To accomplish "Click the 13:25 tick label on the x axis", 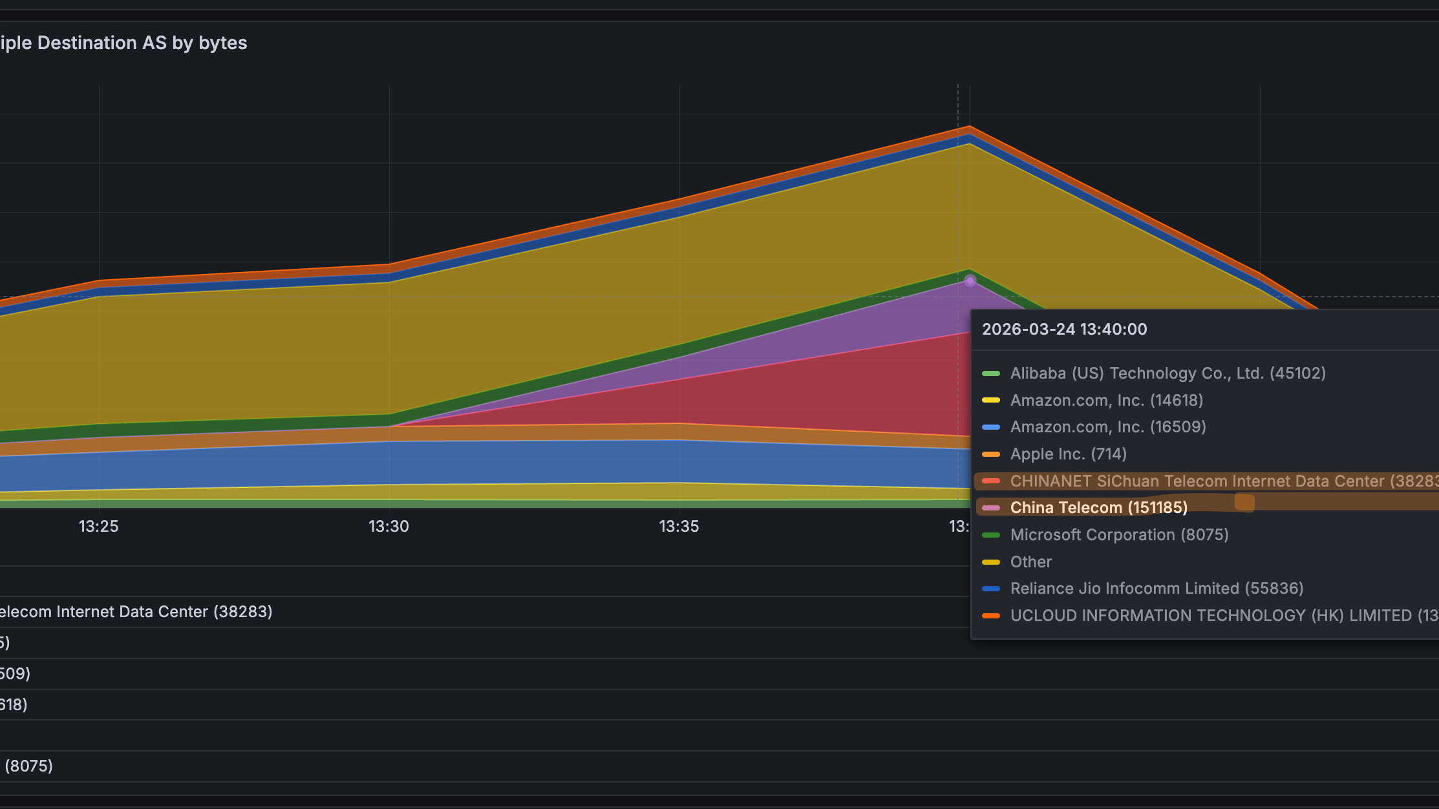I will click(98, 527).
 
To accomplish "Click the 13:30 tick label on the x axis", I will click(389, 527).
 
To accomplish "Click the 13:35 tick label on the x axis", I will click(679, 527).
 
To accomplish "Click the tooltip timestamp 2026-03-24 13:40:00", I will click(1064, 330).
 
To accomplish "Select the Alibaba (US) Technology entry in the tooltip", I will click(1167, 373).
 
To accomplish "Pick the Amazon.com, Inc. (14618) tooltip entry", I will click(1106, 401).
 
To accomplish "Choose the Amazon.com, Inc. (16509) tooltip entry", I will click(1107, 427).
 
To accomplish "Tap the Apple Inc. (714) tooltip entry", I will click(1068, 454).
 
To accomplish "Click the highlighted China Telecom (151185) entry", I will click(1098, 508).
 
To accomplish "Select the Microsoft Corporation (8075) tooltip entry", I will click(1119, 535).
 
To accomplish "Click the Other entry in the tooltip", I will click(1030, 562).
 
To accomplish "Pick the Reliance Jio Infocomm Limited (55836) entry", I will click(1157, 589).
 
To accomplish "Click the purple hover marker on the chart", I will click(970, 280).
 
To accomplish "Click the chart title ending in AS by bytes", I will click(123, 43).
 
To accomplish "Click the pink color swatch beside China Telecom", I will click(990, 508).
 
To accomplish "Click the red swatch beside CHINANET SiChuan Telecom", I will click(990, 481).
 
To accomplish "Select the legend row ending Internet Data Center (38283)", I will click(136, 612).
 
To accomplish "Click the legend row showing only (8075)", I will click(28, 766).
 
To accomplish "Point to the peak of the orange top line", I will click(969, 127).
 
